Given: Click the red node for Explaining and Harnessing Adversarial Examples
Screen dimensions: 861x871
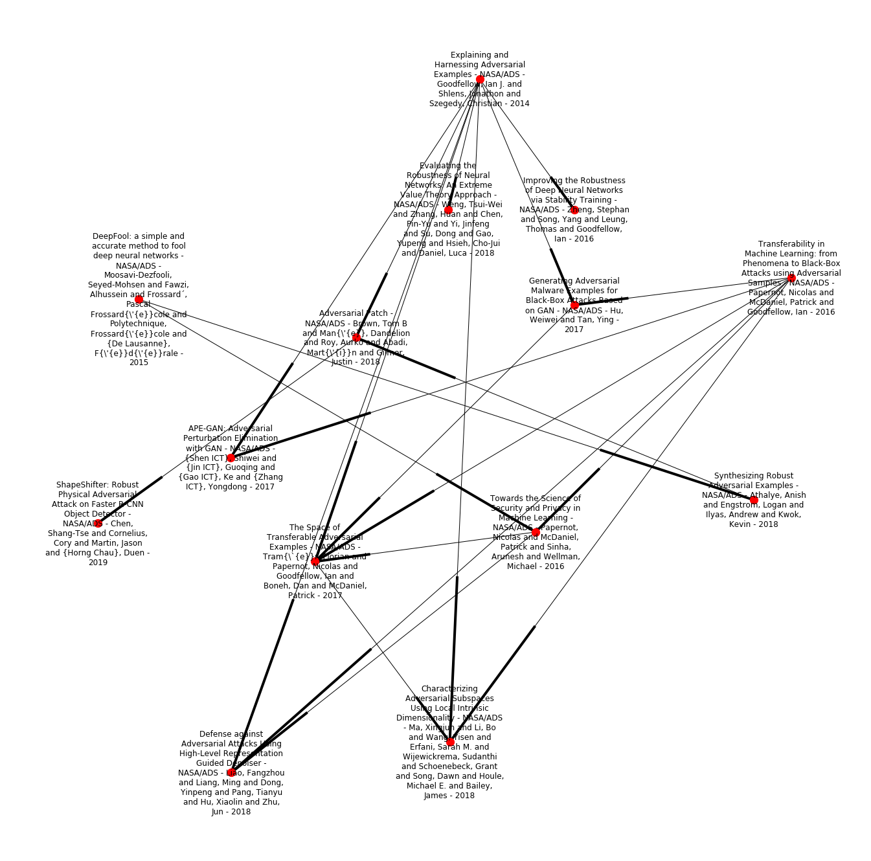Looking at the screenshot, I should [x=480, y=80].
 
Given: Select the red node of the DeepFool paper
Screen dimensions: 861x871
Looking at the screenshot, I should [x=139, y=300].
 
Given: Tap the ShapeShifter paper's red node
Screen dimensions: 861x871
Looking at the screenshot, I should [x=98, y=523].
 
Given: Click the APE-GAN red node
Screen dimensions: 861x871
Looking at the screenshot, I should [x=231, y=458].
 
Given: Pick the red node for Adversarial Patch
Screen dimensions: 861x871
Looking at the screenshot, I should [x=356, y=337].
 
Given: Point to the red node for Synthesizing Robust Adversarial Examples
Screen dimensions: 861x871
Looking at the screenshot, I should [x=754, y=500].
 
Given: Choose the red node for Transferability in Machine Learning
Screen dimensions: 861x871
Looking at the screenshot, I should [x=791, y=278].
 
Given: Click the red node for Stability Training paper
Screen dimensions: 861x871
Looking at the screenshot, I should [x=574, y=210].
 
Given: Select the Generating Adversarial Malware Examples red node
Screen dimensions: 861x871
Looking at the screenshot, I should [x=574, y=305].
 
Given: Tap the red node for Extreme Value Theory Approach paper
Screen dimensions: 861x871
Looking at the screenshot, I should [x=448, y=210].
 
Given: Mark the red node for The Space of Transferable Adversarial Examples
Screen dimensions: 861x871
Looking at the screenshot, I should [x=315, y=561].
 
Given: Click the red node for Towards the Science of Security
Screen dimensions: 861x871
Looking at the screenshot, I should [x=536, y=532].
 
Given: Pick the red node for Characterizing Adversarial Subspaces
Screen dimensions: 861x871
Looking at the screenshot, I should [x=450, y=742].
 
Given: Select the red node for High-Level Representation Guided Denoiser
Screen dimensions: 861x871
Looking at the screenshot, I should [x=231, y=772].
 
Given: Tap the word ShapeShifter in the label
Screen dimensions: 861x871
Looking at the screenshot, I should [x=78, y=485].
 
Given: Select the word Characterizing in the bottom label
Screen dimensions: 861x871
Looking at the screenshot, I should [x=449, y=689].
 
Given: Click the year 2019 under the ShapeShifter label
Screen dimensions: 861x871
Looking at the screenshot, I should [x=98, y=563].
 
